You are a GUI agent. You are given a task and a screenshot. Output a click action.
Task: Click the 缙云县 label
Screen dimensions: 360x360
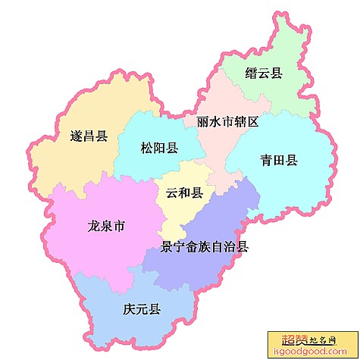pyautogui.click(x=264, y=74)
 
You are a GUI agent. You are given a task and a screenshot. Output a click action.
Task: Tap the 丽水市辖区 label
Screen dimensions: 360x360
pyautogui.click(x=228, y=121)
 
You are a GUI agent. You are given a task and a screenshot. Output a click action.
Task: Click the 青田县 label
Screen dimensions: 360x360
pyautogui.click(x=279, y=160)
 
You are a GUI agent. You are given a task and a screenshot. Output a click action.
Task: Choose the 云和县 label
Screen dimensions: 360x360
pyautogui.click(x=184, y=193)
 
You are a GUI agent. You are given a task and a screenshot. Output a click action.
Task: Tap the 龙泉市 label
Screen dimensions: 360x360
pyautogui.click(x=107, y=227)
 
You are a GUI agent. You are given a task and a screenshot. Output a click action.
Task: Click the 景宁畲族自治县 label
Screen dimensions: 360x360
pyautogui.click(x=205, y=246)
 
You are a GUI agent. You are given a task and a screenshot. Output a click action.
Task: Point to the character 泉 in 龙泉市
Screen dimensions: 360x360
pyautogui.click(x=107, y=227)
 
